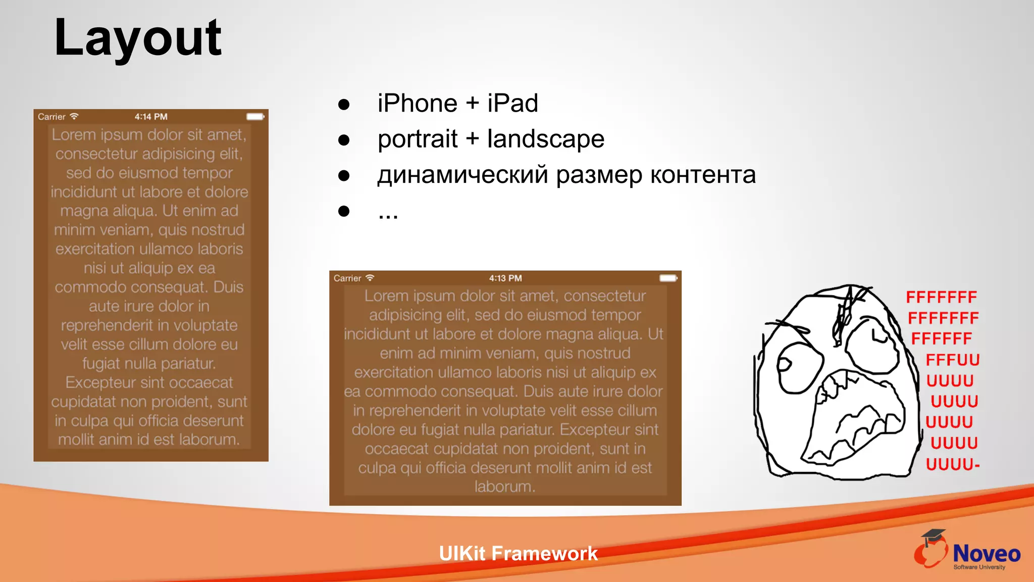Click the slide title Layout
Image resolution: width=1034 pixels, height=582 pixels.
[137, 38]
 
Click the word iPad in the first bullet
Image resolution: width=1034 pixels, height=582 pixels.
[512, 104]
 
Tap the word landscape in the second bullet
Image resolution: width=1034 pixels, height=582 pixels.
[545, 139]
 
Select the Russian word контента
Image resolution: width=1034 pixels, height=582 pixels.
[703, 175]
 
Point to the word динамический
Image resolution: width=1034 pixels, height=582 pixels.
[462, 175]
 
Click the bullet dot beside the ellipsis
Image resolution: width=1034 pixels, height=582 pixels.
[344, 211]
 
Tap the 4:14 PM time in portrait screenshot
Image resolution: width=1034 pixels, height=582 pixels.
[151, 117]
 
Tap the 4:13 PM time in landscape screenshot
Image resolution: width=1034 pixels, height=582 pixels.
[505, 278]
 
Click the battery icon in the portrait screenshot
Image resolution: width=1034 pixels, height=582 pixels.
[255, 117]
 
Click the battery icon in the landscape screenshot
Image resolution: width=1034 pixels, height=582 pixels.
[668, 278]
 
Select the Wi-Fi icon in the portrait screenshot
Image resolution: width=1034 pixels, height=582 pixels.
[74, 116]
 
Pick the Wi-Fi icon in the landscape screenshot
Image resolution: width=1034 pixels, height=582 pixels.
[370, 278]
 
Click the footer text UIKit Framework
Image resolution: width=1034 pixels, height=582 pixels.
[518, 554]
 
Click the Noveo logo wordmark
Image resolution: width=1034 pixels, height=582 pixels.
[987, 554]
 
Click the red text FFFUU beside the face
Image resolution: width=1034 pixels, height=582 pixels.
[953, 360]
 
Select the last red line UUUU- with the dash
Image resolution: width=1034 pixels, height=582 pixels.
[953, 464]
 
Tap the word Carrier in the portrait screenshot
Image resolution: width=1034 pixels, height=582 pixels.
[51, 117]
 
